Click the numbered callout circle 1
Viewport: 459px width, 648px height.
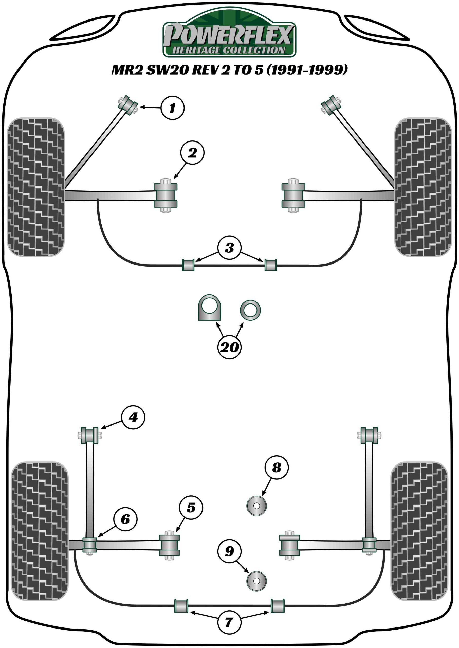[x=172, y=108]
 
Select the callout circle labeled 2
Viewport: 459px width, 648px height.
[x=192, y=153]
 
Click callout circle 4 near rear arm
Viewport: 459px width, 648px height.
[x=133, y=417]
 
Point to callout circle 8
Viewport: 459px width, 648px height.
[x=277, y=467]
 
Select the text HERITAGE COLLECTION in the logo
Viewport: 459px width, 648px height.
[x=229, y=50]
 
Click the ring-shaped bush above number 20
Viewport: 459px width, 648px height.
[x=250, y=310]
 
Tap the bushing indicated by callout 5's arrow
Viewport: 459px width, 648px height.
[x=169, y=545]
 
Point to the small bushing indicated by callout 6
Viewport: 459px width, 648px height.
[x=90, y=545]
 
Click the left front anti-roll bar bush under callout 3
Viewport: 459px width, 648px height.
[x=188, y=265]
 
